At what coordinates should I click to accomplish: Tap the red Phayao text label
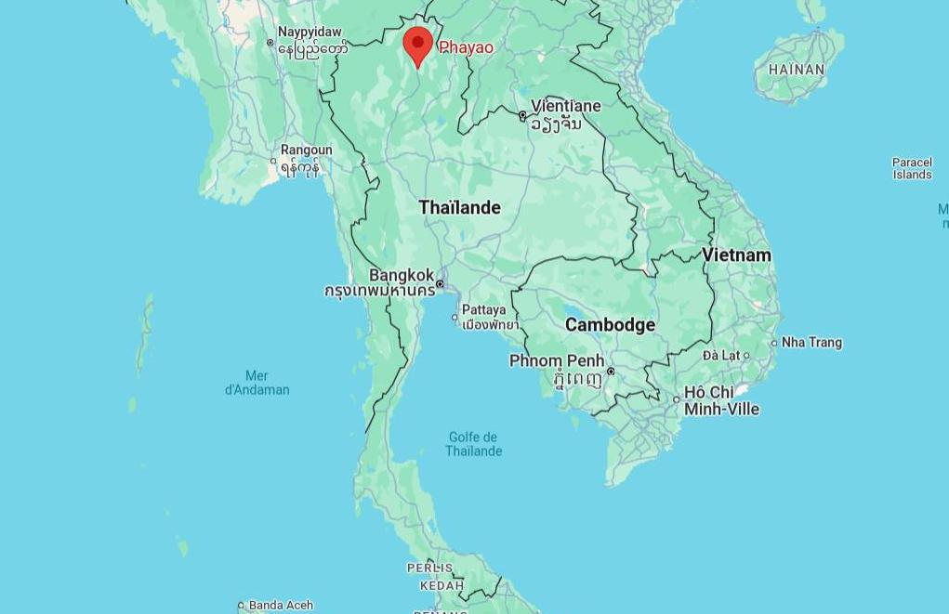click(466, 47)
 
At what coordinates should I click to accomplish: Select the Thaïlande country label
click(459, 207)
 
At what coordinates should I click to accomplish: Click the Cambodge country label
click(610, 324)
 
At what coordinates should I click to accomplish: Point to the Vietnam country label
click(736, 255)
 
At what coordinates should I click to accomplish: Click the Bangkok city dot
click(441, 284)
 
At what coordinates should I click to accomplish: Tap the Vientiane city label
click(565, 106)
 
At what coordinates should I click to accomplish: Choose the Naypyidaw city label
click(310, 32)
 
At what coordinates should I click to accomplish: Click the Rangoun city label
click(306, 150)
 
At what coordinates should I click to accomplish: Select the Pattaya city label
click(484, 309)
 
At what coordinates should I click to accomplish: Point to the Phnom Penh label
click(557, 360)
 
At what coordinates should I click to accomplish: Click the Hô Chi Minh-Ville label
click(721, 400)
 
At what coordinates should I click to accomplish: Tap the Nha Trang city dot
click(774, 343)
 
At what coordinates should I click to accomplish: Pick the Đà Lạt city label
click(720, 355)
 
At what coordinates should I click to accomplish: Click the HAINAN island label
click(797, 70)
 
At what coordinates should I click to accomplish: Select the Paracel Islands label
click(912, 168)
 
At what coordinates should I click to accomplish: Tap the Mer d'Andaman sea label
click(257, 383)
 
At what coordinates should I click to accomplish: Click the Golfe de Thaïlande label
click(473, 444)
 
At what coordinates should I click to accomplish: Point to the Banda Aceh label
click(281, 606)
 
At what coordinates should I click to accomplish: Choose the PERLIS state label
click(429, 568)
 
